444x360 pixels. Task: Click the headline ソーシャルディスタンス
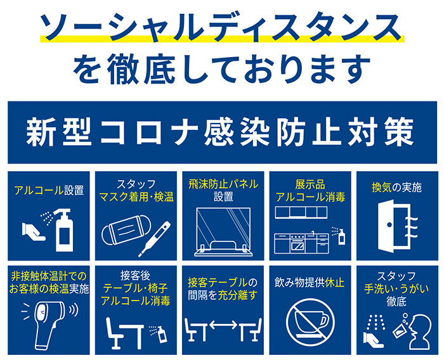(x=222, y=27)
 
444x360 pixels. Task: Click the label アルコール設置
(x=49, y=190)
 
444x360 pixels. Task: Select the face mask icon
(x=127, y=230)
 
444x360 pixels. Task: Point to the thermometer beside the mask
(x=155, y=239)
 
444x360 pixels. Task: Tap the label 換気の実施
(x=396, y=188)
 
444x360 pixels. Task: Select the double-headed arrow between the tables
(x=223, y=325)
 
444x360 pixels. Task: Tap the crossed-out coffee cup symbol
(x=310, y=323)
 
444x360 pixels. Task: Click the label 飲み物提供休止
(x=310, y=283)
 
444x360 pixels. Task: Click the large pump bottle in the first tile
(x=65, y=230)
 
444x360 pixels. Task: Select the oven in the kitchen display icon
(x=297, y=243)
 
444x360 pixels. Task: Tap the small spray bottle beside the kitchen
(x=342, y=237)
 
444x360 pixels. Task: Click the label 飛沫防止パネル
(x=223, y=184)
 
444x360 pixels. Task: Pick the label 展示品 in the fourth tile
(x=310, y=184)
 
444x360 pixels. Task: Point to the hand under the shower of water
(x=373, y=340)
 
